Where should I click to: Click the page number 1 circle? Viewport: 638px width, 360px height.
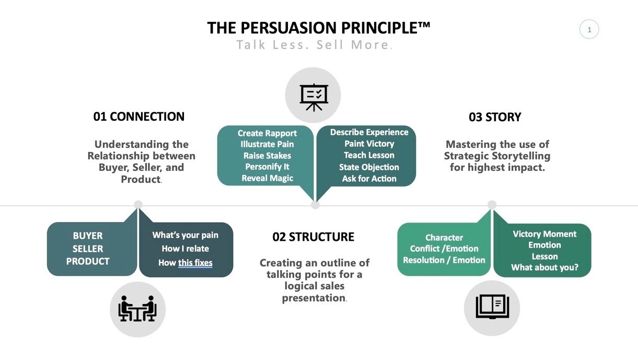point(589,30)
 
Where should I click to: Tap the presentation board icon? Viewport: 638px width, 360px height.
point(313,96)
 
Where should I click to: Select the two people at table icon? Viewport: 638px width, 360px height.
point(137,309)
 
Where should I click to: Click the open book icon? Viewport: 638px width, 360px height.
point(492,307)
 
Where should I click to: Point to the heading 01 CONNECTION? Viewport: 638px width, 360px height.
point(139,117)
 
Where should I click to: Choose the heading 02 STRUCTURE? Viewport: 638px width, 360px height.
point(314,237)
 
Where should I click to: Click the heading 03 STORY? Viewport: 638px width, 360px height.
point(495,117)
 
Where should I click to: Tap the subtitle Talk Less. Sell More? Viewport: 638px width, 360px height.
point(314,45)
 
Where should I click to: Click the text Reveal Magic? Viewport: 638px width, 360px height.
point(267,178)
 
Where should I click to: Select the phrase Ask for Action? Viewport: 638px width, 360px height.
point(369,178)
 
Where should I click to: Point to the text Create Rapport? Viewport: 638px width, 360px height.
point(267,133)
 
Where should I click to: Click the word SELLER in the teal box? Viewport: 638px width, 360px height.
point(88,249)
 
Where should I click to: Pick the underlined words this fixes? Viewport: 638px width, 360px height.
point(195,263)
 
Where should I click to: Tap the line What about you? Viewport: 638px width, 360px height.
point(544,268)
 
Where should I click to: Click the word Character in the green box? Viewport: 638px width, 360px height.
point(444,238)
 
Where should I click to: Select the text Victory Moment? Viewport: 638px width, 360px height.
point(544,234)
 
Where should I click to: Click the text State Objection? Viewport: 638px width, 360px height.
point(369,167)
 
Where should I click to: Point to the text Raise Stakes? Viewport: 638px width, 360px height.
point(267,156)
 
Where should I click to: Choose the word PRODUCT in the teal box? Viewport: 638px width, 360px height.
point(88,261)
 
